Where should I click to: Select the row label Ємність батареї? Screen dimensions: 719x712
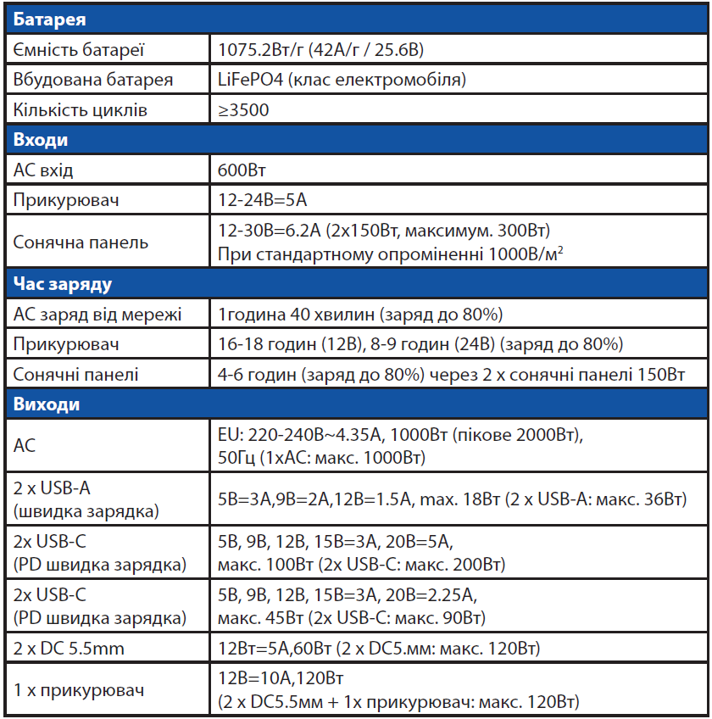(x=79, y=50)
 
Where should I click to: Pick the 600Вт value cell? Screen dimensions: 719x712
(x=242, y=170)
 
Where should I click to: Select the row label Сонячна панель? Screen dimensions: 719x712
(x=81, y=242)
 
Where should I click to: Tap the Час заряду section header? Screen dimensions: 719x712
(x=63, y=284)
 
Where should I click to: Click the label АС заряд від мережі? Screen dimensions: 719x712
(x=97, y=315)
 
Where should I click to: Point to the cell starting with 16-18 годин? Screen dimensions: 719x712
(x=420, y=344)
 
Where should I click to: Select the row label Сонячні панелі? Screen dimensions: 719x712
(x=75, y=374)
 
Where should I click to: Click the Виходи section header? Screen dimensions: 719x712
(x=47, y=404)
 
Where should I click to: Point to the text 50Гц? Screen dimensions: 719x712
(x=236, y=458)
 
